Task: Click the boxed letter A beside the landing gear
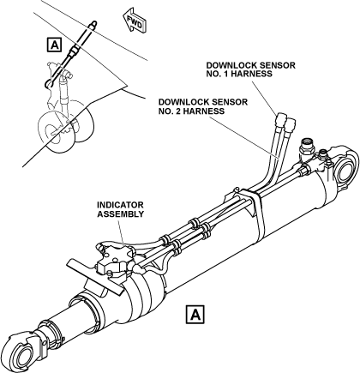54,45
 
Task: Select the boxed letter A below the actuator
195,315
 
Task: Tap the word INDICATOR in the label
120,205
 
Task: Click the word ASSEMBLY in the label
120,214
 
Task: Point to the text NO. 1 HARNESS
239,74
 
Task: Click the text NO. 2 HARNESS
191,111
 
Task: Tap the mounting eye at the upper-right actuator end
347,169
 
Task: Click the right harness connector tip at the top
290,123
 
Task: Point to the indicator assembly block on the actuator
115,261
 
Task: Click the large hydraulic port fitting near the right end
306,147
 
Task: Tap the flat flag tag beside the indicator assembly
93,277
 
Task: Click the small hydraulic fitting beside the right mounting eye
323,155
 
